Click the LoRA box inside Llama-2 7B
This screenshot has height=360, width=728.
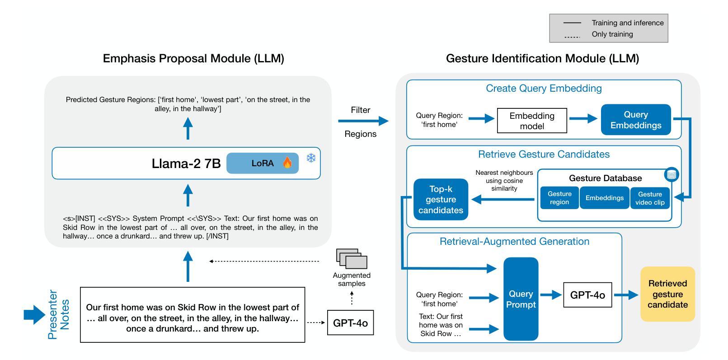(262, 163)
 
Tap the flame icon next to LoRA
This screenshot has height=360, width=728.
(287, 163)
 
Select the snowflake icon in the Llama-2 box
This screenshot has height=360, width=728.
(311, 158)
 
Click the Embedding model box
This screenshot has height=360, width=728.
(532, 121)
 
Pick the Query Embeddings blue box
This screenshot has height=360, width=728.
(636, 120)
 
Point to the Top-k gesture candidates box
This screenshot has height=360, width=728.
(441, 200)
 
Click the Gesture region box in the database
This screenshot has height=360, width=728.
(559, 198)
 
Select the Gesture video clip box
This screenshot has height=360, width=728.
(650, 198)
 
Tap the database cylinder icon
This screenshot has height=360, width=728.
(672, 174)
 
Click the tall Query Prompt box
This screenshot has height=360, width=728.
(521, 299)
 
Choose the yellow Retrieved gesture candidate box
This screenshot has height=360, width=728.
(667, 294)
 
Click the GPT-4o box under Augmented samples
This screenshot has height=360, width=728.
(350, 323)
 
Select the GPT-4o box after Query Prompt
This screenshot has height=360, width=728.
(587, 295)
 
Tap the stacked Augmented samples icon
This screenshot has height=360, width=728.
(352, 259)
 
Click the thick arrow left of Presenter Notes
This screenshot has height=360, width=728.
(34, 314)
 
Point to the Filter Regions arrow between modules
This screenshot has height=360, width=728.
(363, 121)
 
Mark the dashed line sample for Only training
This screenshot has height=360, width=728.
(573, 37)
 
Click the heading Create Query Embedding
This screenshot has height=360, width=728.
(544, 89)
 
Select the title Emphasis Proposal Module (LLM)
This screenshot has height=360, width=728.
(193, 58)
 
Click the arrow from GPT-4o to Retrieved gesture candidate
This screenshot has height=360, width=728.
(626, 295)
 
